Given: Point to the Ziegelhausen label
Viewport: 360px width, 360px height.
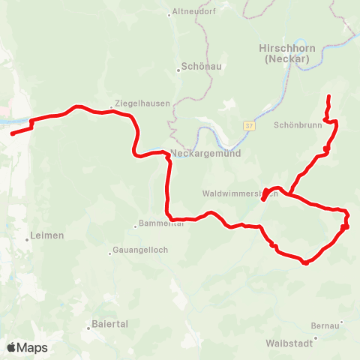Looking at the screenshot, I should [142, 103].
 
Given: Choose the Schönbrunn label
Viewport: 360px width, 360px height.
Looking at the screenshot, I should [298, 125].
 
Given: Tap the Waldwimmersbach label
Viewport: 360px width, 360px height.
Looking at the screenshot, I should [240, 193].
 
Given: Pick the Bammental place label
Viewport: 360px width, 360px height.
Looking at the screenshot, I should [161, 224].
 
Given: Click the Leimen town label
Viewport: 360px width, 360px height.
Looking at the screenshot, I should [48, 235].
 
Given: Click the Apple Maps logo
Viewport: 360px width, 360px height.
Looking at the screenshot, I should [27, 347].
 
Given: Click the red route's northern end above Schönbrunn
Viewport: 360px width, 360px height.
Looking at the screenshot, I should [329, 97].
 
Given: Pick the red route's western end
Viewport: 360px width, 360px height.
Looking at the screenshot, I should [13, 134].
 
